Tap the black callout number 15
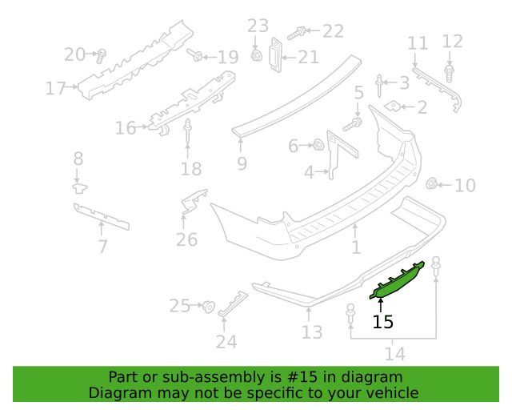tap(382, 322)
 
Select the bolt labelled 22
tap(297, 34)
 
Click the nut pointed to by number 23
tap(257, 55)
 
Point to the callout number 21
tap(309, 58)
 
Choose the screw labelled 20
tap(102, 56)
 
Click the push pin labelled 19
tap(195, 55)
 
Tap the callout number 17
tap(55, 88)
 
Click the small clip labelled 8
tap(80, 188)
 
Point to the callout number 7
tap(103, 246)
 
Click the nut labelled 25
tap(208, 307)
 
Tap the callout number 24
tap(226, 342)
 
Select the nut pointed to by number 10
tap(432, 183)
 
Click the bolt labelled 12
tap(450, 73)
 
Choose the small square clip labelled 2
tap(392, 106)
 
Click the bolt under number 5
tap(353, 125)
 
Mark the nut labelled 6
tap(318, 144)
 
